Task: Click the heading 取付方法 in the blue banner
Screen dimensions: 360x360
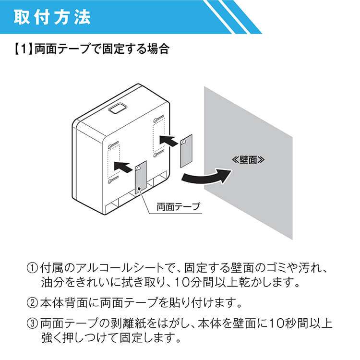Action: click(x=52, y=17)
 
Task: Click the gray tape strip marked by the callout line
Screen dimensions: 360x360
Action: click(x=141, y=177)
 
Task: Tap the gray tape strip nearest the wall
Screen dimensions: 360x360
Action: click(x=186, y=151)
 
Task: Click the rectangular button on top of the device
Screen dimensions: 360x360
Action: click(x=118, y=108)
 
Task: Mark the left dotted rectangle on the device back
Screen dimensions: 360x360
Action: click(x=114, y=161)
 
